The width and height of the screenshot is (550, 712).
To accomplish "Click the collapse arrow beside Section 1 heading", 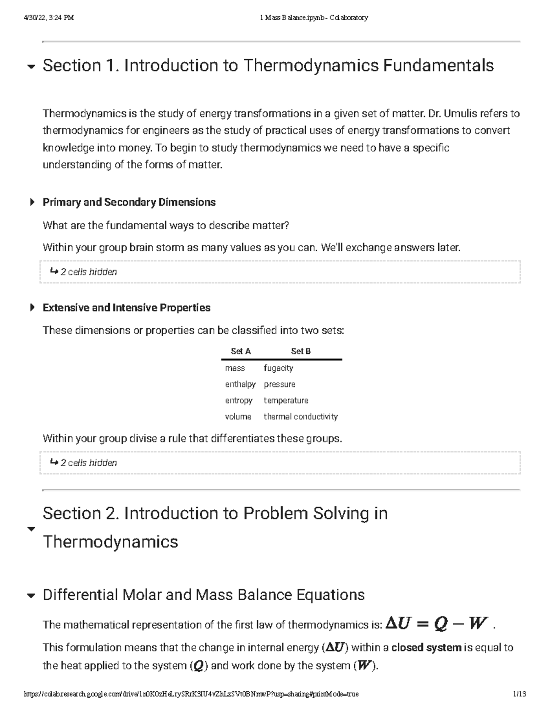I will pos(31,67).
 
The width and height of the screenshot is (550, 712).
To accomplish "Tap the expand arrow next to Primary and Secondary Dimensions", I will pos(32,202).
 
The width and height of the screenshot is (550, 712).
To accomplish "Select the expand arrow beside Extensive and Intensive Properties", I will pos(32,308).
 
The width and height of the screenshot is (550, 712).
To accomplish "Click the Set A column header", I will pos(241,351).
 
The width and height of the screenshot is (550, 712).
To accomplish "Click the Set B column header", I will pos(301,351).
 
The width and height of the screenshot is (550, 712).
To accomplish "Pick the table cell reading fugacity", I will pos(278,368).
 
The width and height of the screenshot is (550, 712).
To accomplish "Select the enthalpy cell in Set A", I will pos(240,384).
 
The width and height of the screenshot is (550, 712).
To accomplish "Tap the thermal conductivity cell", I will pos(301,417).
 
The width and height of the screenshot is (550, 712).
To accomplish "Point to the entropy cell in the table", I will pos(238,400).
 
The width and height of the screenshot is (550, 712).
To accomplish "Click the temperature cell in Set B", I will pos(286,400).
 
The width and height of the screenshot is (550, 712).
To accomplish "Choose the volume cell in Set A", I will pos(238,417).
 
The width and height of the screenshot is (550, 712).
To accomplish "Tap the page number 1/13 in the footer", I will pos(519,694).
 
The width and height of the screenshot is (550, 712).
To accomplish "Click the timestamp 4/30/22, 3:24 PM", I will pos(49,18).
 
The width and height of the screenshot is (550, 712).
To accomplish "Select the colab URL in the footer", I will pos(191,694).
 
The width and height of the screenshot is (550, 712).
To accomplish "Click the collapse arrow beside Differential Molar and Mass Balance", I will pos(31,596).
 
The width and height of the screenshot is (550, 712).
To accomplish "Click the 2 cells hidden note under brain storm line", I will pos(88,272).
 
